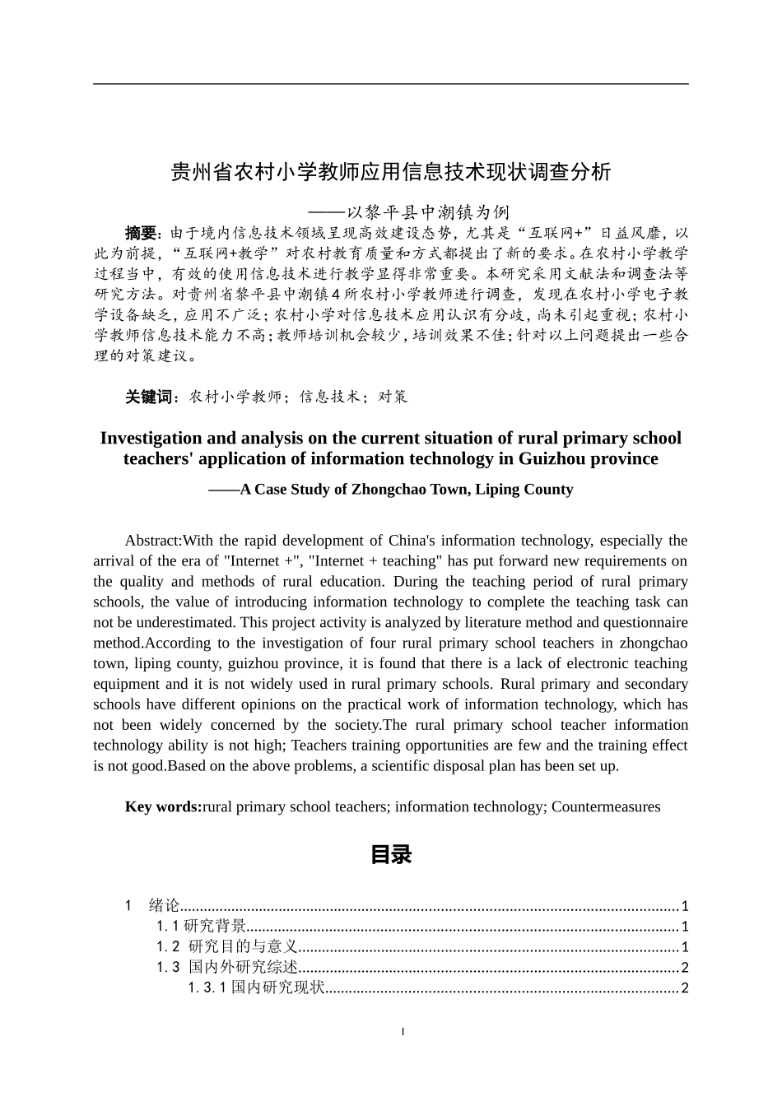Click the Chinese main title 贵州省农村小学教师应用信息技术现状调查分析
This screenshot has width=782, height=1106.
390,172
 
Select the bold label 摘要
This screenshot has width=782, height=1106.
140,233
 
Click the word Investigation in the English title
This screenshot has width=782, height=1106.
151,438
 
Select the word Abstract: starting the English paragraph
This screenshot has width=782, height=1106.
153,541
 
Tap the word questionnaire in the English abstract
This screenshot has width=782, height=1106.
641,622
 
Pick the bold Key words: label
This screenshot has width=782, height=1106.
163,806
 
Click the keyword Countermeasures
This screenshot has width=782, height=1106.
605,806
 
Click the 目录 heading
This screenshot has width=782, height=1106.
390,855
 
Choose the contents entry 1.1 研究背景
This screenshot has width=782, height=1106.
202,927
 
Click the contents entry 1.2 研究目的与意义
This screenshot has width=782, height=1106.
227,947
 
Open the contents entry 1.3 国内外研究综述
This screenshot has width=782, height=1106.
227,968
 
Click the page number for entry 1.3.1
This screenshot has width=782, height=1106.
684,988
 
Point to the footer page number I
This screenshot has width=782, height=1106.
403,1031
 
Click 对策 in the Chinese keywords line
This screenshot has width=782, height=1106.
393,397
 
